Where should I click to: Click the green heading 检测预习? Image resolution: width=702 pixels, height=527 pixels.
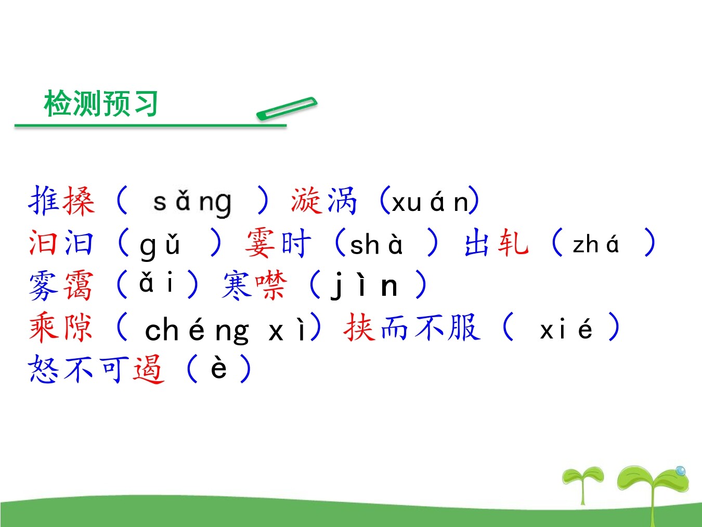(101, 103)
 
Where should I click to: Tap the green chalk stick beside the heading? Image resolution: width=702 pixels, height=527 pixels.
(287, 108)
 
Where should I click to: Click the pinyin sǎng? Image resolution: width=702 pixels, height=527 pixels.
(192, 202)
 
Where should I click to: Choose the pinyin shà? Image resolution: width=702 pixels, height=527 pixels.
(376, 244)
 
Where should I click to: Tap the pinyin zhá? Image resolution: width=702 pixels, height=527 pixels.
(595, 244)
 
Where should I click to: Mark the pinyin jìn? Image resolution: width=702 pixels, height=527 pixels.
(364, 285)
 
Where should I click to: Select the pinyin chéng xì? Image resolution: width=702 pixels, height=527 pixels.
(225, 330)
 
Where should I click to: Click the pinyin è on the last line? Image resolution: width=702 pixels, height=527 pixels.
(219, 368)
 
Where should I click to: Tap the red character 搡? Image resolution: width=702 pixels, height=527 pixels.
(79, 200)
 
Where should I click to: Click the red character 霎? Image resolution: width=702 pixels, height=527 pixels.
(261, 243)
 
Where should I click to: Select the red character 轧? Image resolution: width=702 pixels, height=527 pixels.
(513, 242)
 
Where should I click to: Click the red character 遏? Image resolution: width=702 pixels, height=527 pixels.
(149, 370)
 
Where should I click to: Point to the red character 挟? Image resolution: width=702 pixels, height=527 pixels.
(359, 328)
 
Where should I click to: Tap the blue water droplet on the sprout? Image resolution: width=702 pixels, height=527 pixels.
(681, 471)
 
